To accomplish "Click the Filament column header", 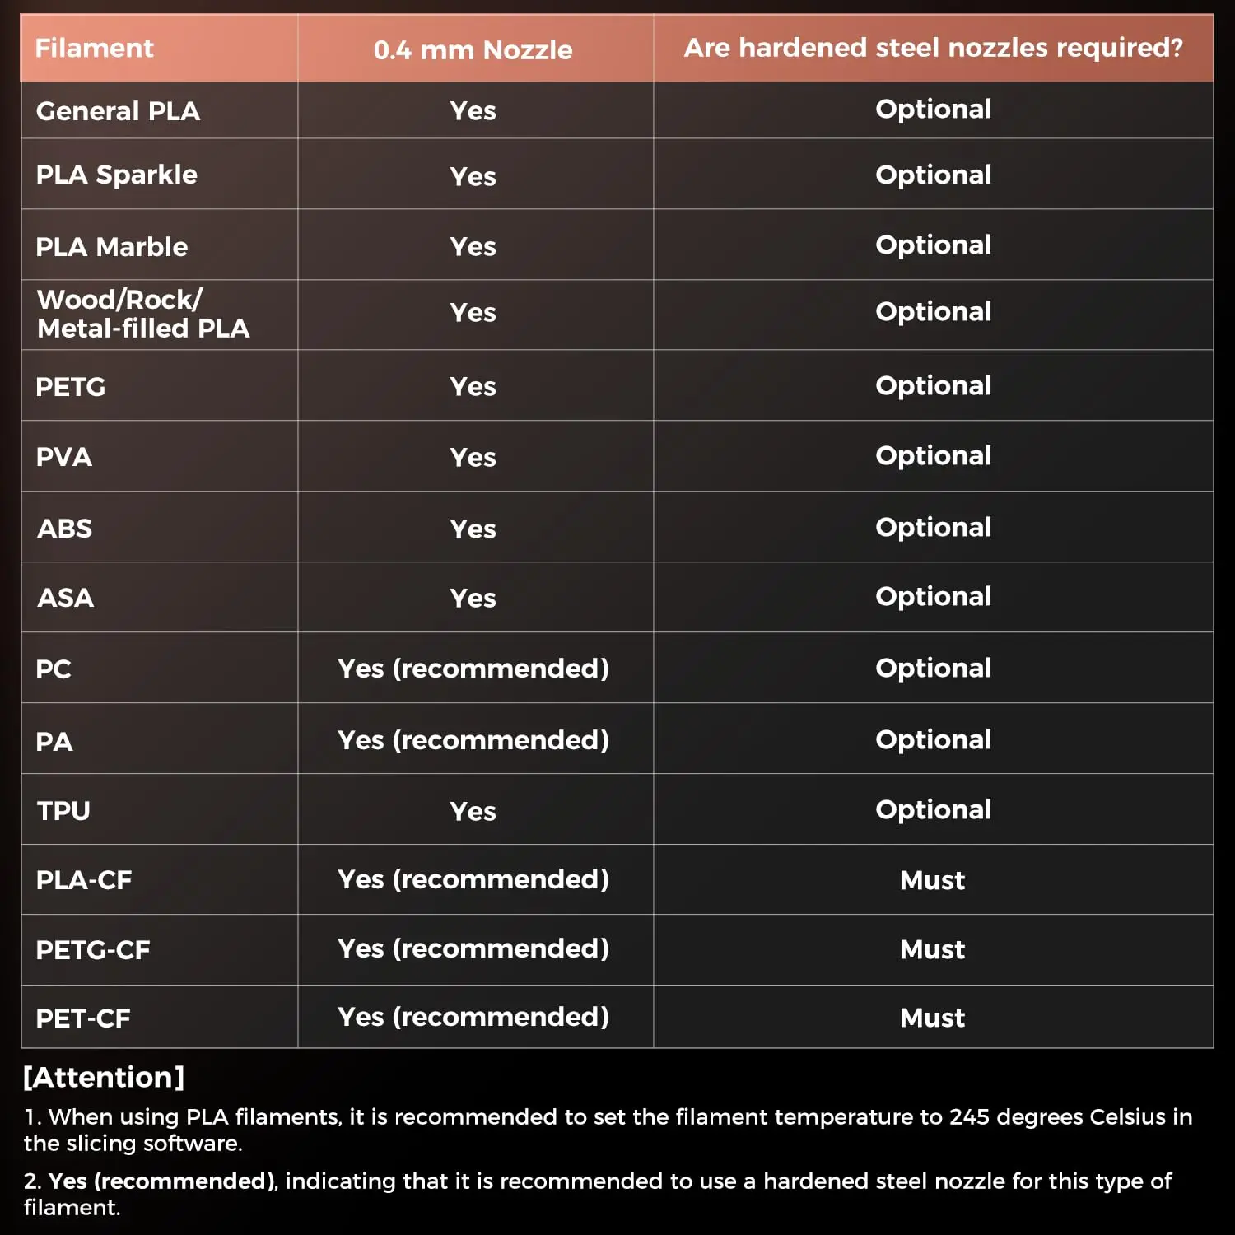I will click(94, 49).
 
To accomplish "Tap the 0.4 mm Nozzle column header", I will click(473, 50).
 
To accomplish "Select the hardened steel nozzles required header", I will click(933, 48).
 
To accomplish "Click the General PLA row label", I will click(118, 111).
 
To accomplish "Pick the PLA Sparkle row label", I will click(116, 175).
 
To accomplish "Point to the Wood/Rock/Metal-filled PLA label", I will click(142, 314).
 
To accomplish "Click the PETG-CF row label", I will click(92, 950).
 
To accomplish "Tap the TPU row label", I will click(63, 811).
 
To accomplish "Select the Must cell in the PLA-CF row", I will click(932, 880).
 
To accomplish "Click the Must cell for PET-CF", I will click(932, 1018).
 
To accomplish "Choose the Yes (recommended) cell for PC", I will click(473, 669).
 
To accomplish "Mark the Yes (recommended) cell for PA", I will click(473, 740).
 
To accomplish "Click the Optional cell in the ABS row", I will click(933, 527).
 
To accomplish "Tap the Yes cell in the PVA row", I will click(473, 457).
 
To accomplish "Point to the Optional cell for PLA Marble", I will click(933, 245).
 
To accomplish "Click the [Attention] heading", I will click(104, 1077).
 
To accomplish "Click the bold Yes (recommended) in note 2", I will click(161, 1181).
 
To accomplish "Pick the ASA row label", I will click(65, 598).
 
